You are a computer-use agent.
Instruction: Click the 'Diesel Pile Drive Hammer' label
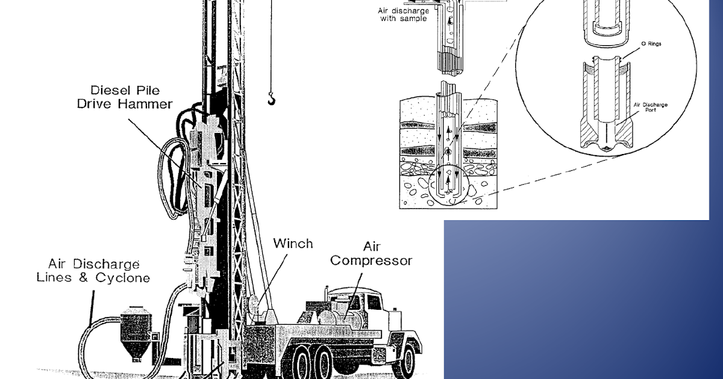point(125,97)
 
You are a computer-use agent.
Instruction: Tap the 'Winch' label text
point(293,244)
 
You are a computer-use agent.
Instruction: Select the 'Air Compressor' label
point(371,254)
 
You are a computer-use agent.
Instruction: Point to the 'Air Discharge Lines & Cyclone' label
point(93,271)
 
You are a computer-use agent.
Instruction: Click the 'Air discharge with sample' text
point(404,15)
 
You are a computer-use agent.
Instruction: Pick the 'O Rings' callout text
point(651,43)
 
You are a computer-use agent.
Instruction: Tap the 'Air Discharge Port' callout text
point(650,107)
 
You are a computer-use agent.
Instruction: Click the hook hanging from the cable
point(272,98)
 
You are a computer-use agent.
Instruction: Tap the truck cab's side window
point(374,302)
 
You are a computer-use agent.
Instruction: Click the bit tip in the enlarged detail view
point(606,148)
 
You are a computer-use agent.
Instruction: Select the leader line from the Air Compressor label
point(353,296)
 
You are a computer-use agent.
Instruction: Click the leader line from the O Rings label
point(631,54)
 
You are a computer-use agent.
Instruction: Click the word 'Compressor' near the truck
point(371,261)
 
